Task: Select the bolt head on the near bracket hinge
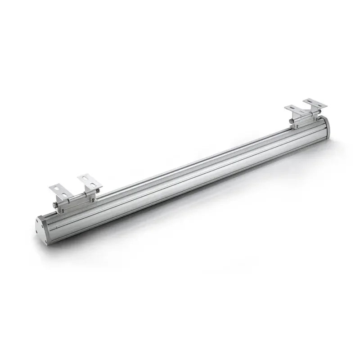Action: [54, 206]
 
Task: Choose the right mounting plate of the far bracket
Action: [315, 104]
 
